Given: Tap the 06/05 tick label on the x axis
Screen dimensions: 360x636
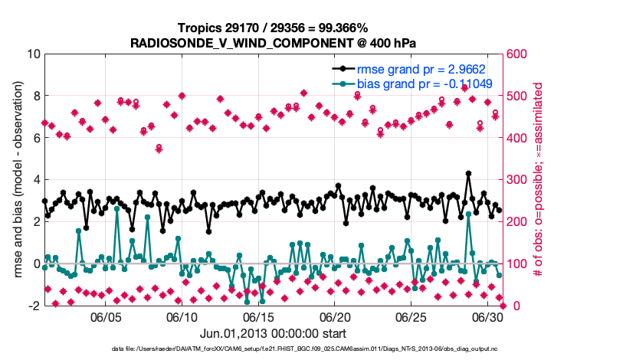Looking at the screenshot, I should pos(107,317).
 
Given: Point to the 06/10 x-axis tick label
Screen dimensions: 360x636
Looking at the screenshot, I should pos(182,317).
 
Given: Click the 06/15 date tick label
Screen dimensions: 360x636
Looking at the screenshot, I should pos(259,317).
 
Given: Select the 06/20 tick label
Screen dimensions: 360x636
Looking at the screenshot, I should pos(335,317).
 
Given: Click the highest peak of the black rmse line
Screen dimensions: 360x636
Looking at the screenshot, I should pos(468,174).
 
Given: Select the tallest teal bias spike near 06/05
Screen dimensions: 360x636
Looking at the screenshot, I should pos(116,208).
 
